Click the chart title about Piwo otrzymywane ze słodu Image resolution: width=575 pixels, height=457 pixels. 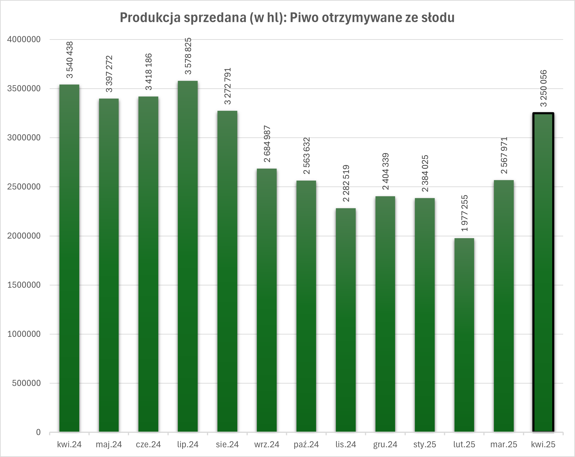287,18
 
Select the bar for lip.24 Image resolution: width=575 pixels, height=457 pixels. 188,256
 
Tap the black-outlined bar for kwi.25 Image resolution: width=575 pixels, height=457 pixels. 543,272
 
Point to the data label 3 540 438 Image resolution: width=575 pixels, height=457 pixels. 69,60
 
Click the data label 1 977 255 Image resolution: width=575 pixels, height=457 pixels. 464,213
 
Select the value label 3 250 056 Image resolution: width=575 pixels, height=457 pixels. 543,88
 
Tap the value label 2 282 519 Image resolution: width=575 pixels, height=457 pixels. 346,183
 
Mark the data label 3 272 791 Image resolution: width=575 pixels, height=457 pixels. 228,86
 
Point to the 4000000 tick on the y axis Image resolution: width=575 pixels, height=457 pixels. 24,39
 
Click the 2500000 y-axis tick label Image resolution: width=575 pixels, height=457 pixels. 24,187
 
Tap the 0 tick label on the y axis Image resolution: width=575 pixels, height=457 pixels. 38,432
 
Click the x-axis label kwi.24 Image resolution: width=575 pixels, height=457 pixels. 69,445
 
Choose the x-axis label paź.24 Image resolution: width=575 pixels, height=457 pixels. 306,445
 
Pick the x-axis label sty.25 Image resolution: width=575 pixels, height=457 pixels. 425,445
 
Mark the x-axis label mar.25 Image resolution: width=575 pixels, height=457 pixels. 504,445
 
